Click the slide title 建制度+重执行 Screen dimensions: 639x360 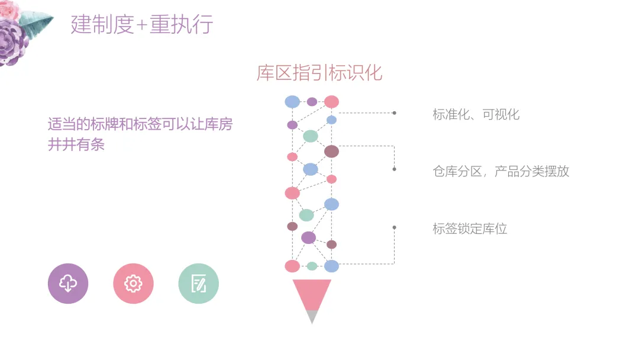pos(142,25)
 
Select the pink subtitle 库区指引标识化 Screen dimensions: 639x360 pos(319,72)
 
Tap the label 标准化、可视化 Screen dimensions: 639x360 pos(476,114)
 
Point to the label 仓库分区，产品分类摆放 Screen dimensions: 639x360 pos(501,172)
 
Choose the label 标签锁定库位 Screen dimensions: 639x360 pos(470,229)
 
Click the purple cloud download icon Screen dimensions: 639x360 pos(68,284)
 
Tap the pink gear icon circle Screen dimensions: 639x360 pos(133,284)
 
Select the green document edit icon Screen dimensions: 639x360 pos(198,284)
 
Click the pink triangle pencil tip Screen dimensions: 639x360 pos(312,294)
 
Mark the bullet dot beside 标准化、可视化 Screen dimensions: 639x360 pos(394,112)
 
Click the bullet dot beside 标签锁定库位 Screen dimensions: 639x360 pos(394,227)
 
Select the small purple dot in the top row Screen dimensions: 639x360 pos(312,102)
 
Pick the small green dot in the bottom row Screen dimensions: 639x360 pos(312,266)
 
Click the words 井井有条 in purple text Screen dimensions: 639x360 pos(76,144)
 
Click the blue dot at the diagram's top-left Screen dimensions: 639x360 pos(292,102)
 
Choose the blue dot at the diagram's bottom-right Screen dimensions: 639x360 pos(331,266)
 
